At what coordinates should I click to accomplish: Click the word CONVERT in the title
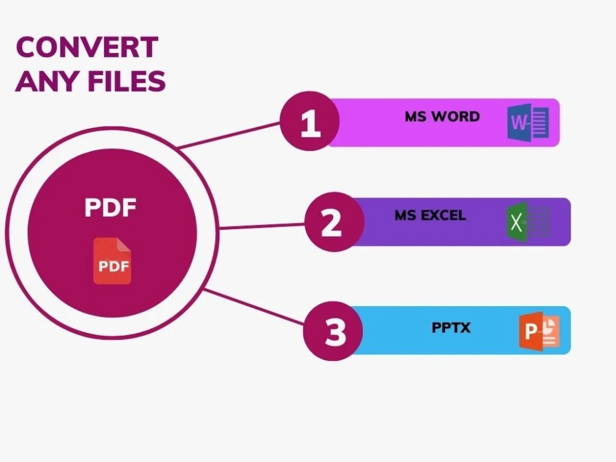click(87, 47)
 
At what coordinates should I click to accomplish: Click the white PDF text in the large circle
click(110, 208)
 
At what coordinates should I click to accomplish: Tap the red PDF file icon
click(112, 261)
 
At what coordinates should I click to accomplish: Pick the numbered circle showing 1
click(310, 121)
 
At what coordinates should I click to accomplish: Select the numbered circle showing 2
click(334, 222)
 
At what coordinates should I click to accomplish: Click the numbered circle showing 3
click(333, 331)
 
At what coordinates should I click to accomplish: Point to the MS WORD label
click(442, 116)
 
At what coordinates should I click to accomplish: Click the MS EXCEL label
click(430, 215)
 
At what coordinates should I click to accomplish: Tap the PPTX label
click(451, 328)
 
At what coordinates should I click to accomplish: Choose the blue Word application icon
click(528, 122)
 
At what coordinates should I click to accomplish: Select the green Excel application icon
click(528, 222)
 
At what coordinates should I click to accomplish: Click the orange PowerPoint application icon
click(540, 331)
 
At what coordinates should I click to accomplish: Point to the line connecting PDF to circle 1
click(229, 135)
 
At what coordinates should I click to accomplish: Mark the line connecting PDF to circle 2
click(262, 226)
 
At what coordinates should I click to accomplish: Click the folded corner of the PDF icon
click(124, 245)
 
